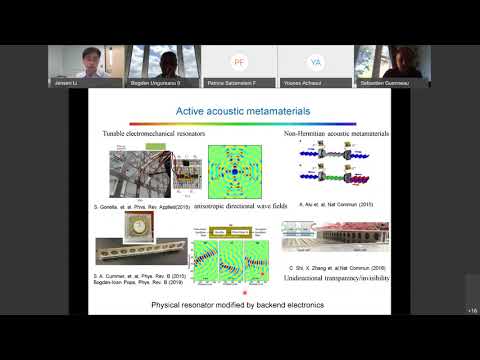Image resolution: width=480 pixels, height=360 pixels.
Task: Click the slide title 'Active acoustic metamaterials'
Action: [x=240, y=111]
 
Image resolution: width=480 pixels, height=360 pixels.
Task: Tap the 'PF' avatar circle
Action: [x=239, y=61]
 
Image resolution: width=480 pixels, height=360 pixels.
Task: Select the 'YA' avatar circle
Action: [x=316, y=61]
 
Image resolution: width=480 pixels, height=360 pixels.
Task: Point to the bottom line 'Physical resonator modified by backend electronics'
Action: [x=240, y=304]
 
